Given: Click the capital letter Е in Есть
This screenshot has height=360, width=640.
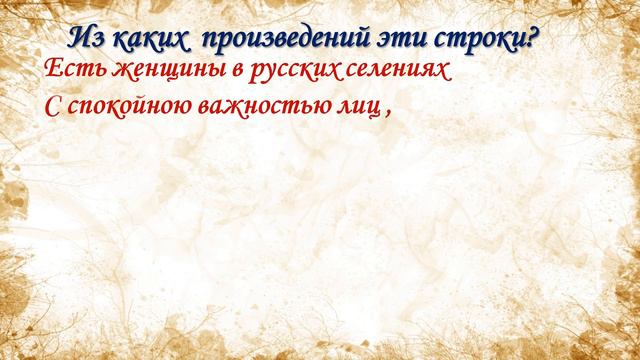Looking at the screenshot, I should (54, 72).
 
